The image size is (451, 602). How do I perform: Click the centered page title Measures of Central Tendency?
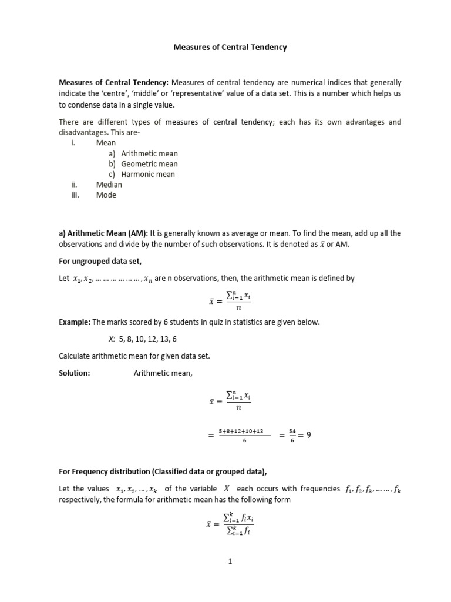[230, 47]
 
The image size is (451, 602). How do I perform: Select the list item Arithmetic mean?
[149, 153]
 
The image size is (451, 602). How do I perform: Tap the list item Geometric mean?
[149, 164]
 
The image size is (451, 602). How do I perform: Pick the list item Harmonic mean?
[148, 175]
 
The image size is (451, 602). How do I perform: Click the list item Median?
[109, 185]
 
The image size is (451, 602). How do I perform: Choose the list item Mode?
[106, 195]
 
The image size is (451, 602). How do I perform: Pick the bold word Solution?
[75, 373]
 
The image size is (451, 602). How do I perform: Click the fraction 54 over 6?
[292, 436]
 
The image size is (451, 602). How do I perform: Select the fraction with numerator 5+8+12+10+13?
[245, 436]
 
